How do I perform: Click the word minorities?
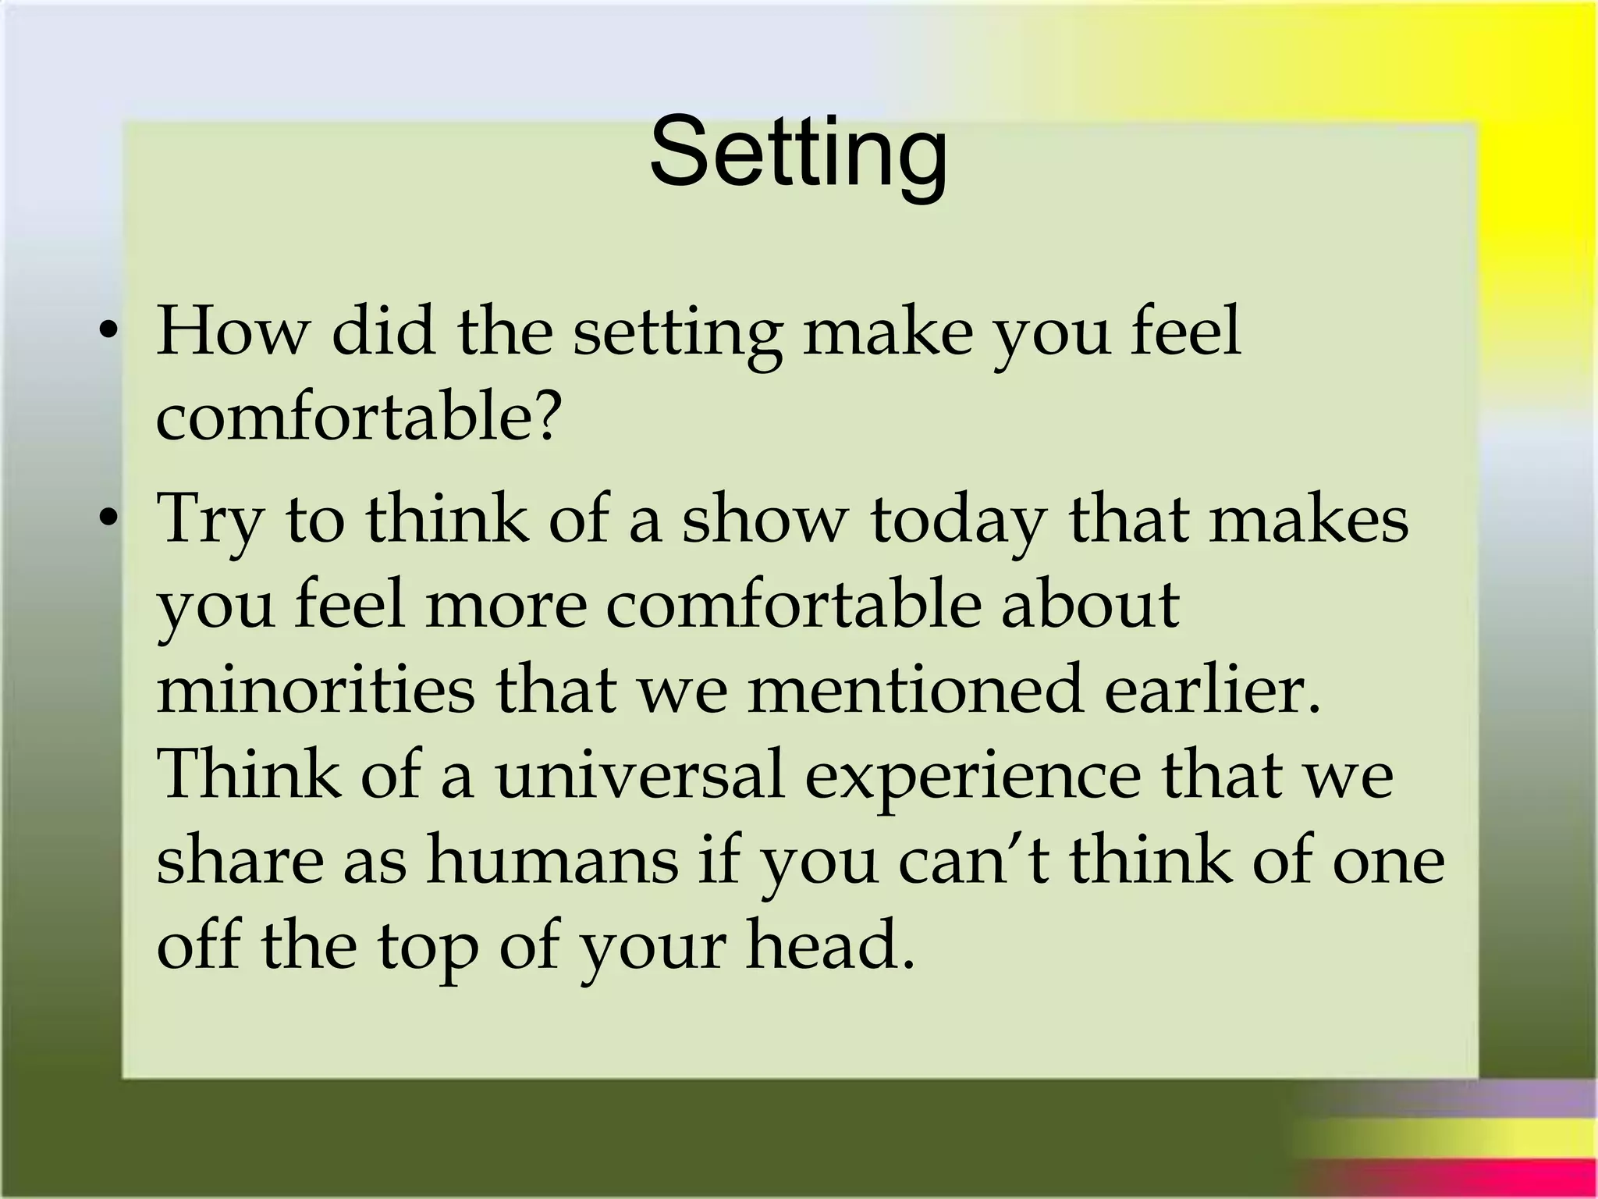click(315, 688)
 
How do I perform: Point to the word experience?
click(972, 777)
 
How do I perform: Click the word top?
click(428, 947)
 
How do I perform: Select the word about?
click(1089, 604)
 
